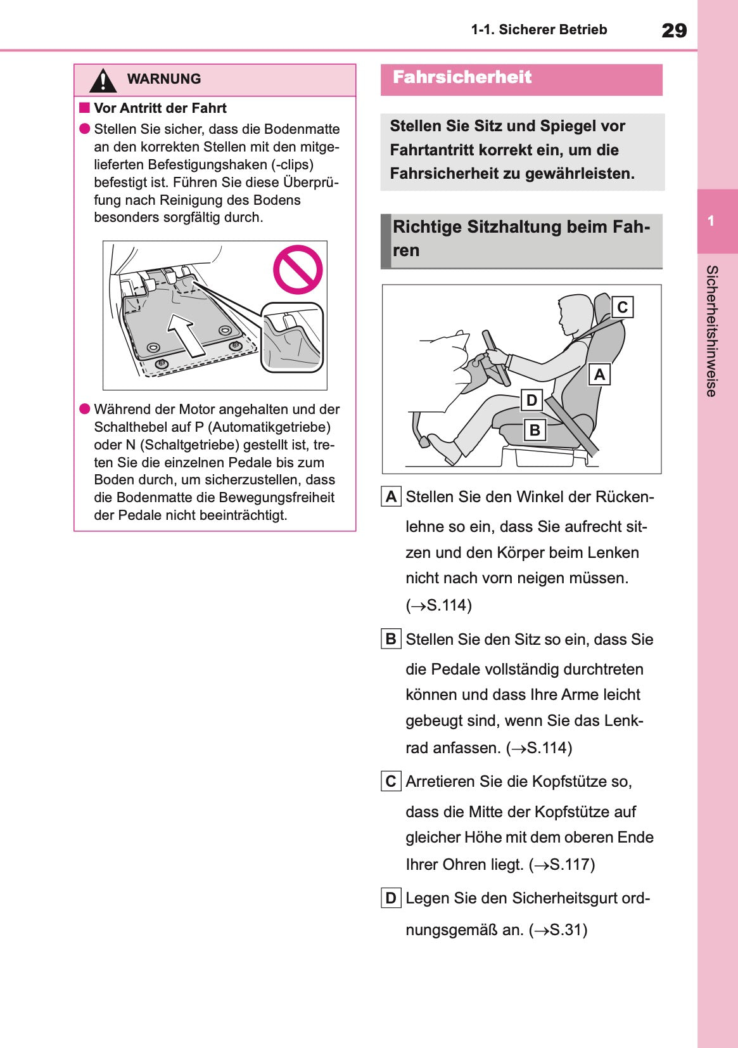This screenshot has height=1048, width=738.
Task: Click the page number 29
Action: pyautogui.click(x=673, y=30)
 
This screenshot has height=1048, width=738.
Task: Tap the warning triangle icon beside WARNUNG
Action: pyautogui.click(x=103, y=81)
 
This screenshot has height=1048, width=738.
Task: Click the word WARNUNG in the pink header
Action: pyautogui.click(x=163, y=79)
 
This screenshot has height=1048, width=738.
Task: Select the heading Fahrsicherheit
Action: pyautogui.click(x=462, y=77)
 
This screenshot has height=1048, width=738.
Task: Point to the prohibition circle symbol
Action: pyautogui.click(x=298, y=269)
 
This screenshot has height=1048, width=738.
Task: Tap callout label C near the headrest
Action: pyautogui.click(x=622, y=307)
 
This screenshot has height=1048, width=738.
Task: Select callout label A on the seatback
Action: pyautogui.click(x=599, y=375)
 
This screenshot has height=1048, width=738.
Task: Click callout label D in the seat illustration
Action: pyautogui.click(x=531, y=400)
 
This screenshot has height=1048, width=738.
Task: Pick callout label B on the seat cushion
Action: pyautogui.click(x=535, y=430)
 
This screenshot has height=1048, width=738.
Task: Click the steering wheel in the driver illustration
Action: pyautogui.click(x=495, y=358)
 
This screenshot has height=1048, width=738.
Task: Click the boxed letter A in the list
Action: pyautogui.click(x=391, y=496)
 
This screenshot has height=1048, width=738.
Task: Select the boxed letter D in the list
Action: pyautogui.click(x=391, y=898)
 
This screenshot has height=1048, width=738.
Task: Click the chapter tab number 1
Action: pyautogui.click(x=711, y=221)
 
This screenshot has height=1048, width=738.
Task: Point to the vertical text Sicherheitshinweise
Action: pyautogui.click(x=711, y=331)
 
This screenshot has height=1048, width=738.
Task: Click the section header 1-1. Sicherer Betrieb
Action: pyautogui.click(x=538, y=30)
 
